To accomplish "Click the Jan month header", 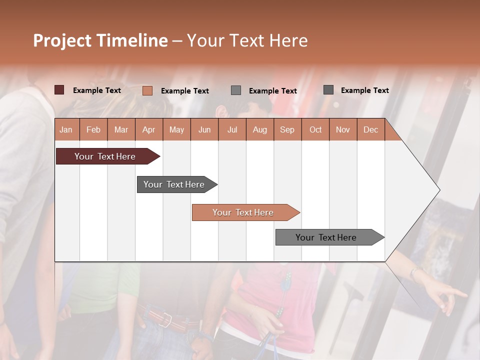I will click(66, 129).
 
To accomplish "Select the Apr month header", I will click(149, 129).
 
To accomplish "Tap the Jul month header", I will click(232, 129).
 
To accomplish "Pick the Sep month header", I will click(287, 129).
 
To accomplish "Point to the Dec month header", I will click(370, 129).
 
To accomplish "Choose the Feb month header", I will click(93, 129).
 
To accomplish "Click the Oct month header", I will click(315, 129).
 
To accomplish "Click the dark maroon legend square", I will click(59, 90).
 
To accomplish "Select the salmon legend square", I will click(147, 90).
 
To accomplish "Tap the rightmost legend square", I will click(328, 90).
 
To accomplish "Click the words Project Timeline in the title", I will click(100, 40).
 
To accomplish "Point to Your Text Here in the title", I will click(247, 40).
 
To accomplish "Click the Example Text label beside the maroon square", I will click(97, 90).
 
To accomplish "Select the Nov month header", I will click(343, 129).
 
